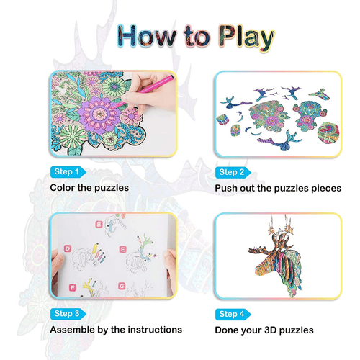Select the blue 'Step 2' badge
(233, 172)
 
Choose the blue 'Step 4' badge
(233, 314)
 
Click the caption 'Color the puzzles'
(89, 188)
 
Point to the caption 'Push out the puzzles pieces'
(277, 188)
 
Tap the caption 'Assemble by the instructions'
(115, 330)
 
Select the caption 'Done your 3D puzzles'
(264, 330)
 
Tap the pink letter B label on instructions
(99, 225)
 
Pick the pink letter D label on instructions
(67, 249)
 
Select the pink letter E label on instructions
(123, 249)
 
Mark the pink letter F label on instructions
(72, 287)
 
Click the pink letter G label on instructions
(123, 287)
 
